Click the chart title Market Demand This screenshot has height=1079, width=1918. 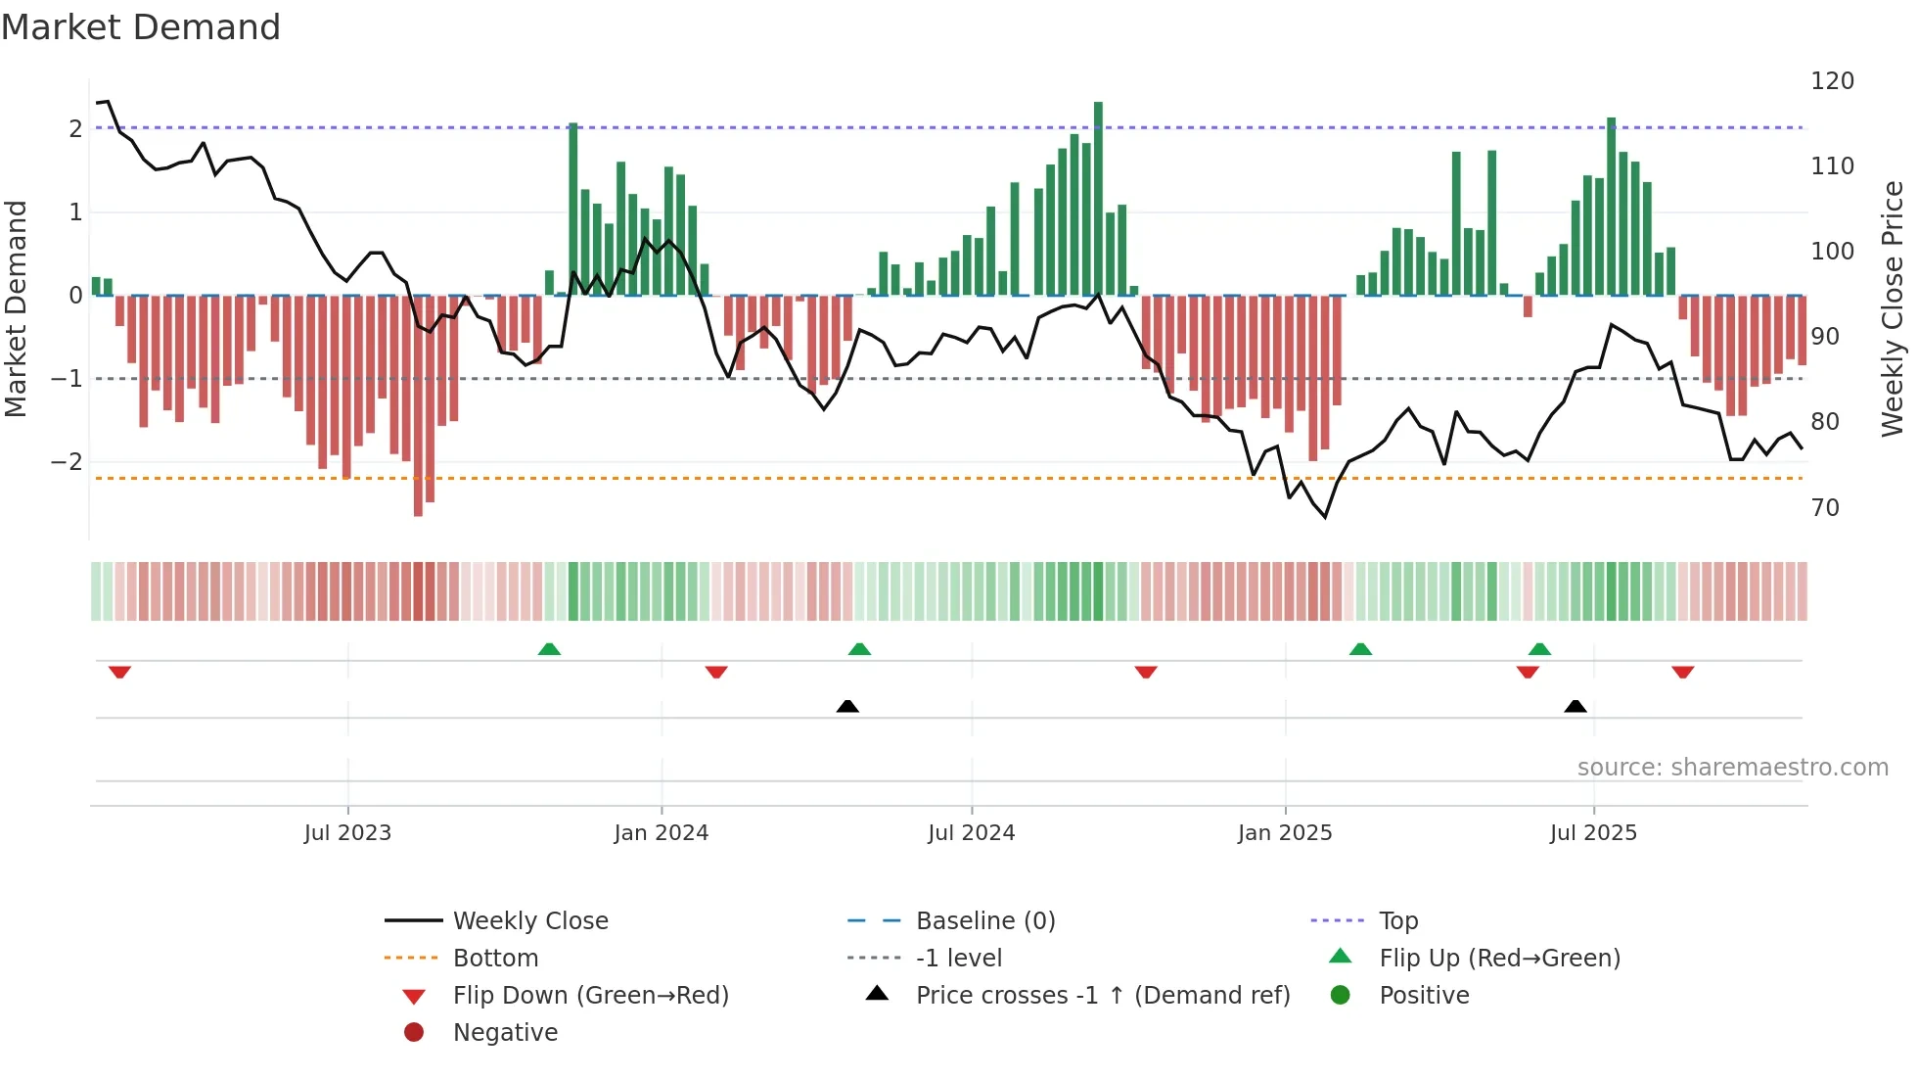(x=141, y=27)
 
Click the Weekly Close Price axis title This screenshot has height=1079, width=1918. (x=1893, y=308)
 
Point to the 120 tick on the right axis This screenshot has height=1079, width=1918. (x=1832, y=81)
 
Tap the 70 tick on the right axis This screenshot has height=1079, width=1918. (x=1825, y=508)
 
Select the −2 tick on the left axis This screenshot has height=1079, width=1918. (x=68, y=462)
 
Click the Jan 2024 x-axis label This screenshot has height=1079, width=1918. (x=661, y=833)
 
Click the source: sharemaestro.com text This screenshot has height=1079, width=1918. (x=1732, y=768)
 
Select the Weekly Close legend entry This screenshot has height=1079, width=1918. (x=529, y=921)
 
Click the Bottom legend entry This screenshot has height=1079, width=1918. (x=495, y=959)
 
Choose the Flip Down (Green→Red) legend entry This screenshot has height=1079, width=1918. (x=590, y=996)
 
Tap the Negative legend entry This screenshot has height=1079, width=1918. (x=505, y=1033)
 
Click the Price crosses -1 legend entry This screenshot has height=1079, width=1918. (x=1102, y=996)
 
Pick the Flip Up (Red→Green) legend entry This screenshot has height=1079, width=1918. (x=1499, y=959)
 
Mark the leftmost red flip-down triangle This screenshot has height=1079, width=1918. (x=119, y=672)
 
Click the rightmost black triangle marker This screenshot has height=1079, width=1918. (x=1575, y=706)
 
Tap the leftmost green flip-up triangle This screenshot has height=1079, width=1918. (x=549, y=649)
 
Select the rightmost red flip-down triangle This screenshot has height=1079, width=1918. (x=1683, y=672)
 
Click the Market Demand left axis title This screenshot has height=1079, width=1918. (x=16, y=308)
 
